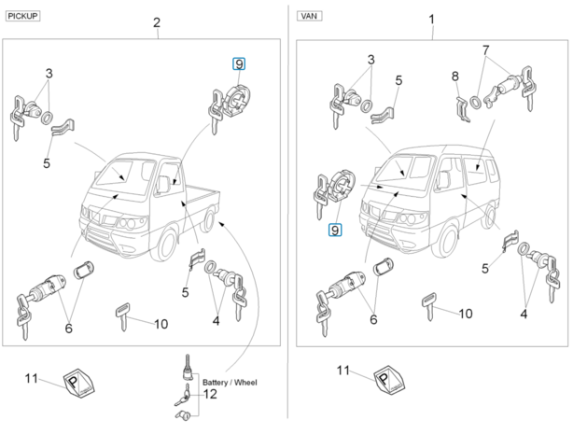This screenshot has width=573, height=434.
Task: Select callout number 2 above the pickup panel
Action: (157, 21)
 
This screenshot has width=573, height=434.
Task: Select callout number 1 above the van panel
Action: (431, 19)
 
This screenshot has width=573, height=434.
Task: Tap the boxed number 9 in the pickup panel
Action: (239, 63)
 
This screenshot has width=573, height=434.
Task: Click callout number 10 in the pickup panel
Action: (161, 324)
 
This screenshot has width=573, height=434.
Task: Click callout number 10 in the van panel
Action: (465, 314)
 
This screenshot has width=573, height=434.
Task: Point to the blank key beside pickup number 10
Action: (123, 315)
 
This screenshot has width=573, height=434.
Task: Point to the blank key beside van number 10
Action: (428, 306)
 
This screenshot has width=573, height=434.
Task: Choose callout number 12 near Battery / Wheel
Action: (210, 394)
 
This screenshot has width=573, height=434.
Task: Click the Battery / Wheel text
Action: (230, 383)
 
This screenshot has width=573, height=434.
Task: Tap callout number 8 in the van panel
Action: (454, 76)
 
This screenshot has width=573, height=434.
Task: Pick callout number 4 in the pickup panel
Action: (216, 321)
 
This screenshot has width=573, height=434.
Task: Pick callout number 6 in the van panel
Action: (373, 320)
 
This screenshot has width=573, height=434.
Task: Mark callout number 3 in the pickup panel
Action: (49, 73)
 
